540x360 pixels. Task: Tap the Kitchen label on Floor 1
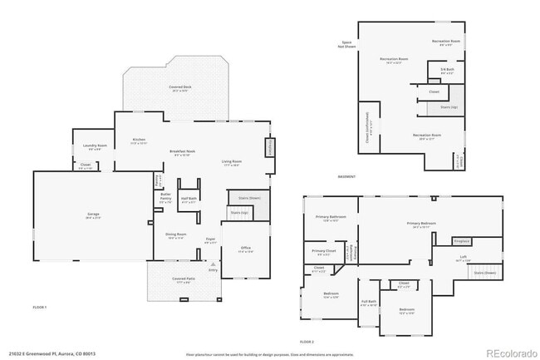click(x=139, y=140)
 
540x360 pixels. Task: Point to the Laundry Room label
click(x=96, y=146)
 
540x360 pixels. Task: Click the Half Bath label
click(x=189, y=199)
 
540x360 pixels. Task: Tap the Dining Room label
click(x=175, y=235)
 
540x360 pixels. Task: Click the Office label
click(x=246, y=248)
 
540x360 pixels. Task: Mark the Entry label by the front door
click(x=214, y=270)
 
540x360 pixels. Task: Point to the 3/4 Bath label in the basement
click(x=447, y=71)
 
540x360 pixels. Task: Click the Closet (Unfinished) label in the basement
click(x=370, y=127)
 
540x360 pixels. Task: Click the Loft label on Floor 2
click(x=463, y=259)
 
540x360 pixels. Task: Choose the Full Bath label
click(x=369, y=302)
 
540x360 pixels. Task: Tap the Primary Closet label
click(x=324, y=251)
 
